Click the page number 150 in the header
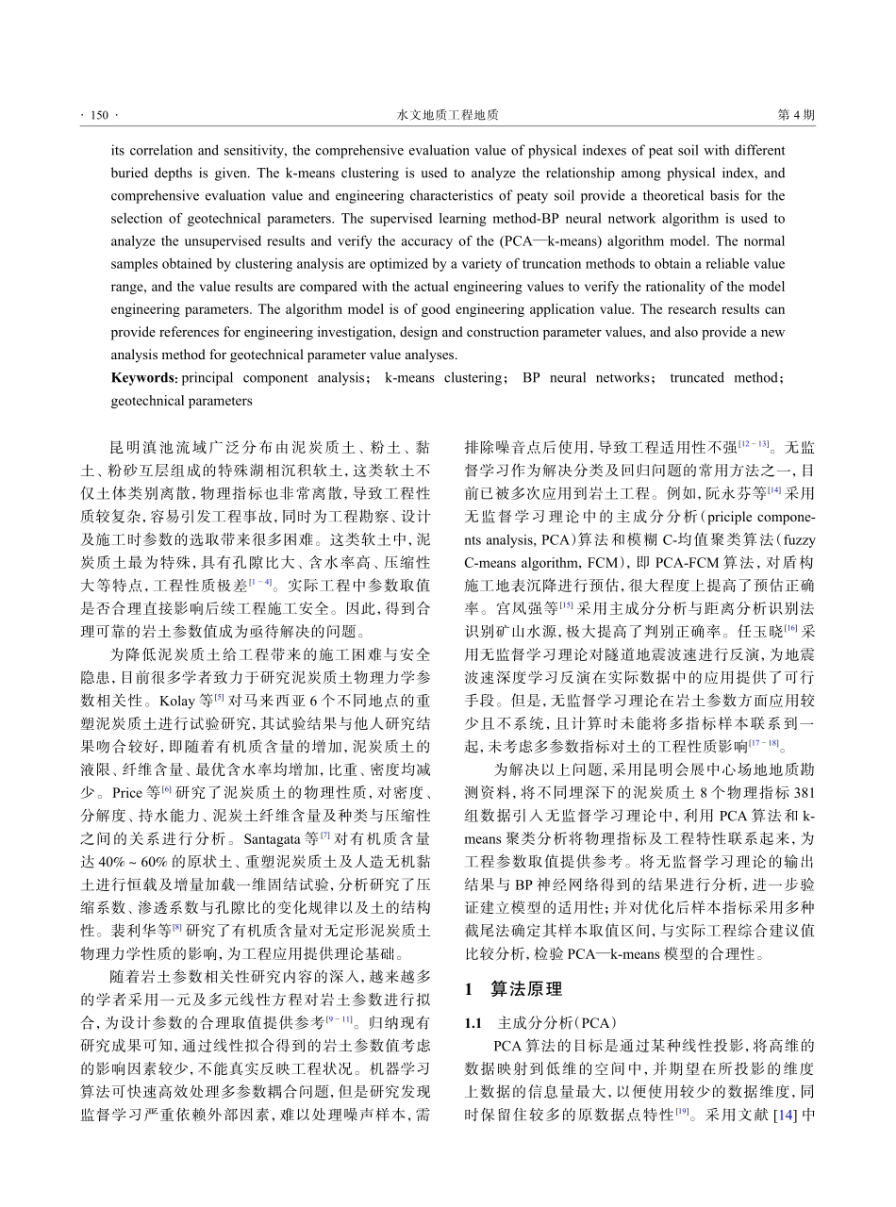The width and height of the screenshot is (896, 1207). coord(99,115)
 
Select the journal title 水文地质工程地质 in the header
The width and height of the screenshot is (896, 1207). coord(447,115)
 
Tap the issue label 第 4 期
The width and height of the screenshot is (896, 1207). coord(795,115)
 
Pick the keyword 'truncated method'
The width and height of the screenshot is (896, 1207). coord(722,378)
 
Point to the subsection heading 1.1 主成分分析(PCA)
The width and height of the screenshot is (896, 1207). coord(539,1022)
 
